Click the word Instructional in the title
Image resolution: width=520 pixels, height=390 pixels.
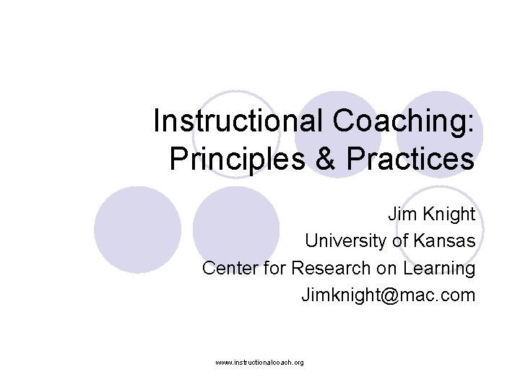tap(231, 121)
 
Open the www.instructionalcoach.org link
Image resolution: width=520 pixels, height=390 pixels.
tap(259, 362)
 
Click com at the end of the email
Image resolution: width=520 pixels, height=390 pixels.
tap(458, 295)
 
